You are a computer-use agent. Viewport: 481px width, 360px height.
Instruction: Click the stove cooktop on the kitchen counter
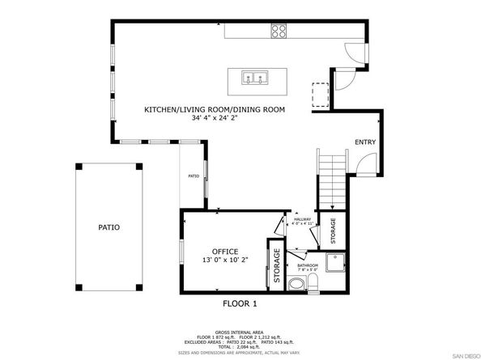(279, 32)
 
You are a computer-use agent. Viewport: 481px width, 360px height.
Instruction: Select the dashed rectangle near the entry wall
(321, 95)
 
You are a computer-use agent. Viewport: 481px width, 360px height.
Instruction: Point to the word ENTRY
(365, 142)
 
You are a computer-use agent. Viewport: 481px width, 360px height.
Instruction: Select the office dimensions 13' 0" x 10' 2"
(224, 260)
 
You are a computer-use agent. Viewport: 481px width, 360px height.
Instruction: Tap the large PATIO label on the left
(109, 227)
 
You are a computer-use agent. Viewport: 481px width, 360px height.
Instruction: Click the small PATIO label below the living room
(194, 176)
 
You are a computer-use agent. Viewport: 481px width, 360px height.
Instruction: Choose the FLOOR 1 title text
(240, 304)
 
